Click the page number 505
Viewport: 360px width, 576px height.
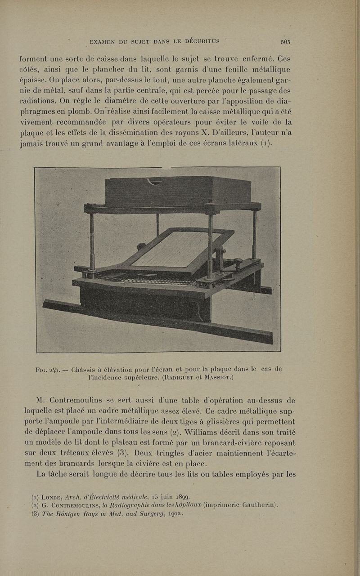[x=285, y=42]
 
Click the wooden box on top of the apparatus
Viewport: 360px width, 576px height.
[x=178, y=191]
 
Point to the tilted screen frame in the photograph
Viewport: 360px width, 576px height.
[x=180, y=250]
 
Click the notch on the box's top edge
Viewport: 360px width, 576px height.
[x=154, y=181]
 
